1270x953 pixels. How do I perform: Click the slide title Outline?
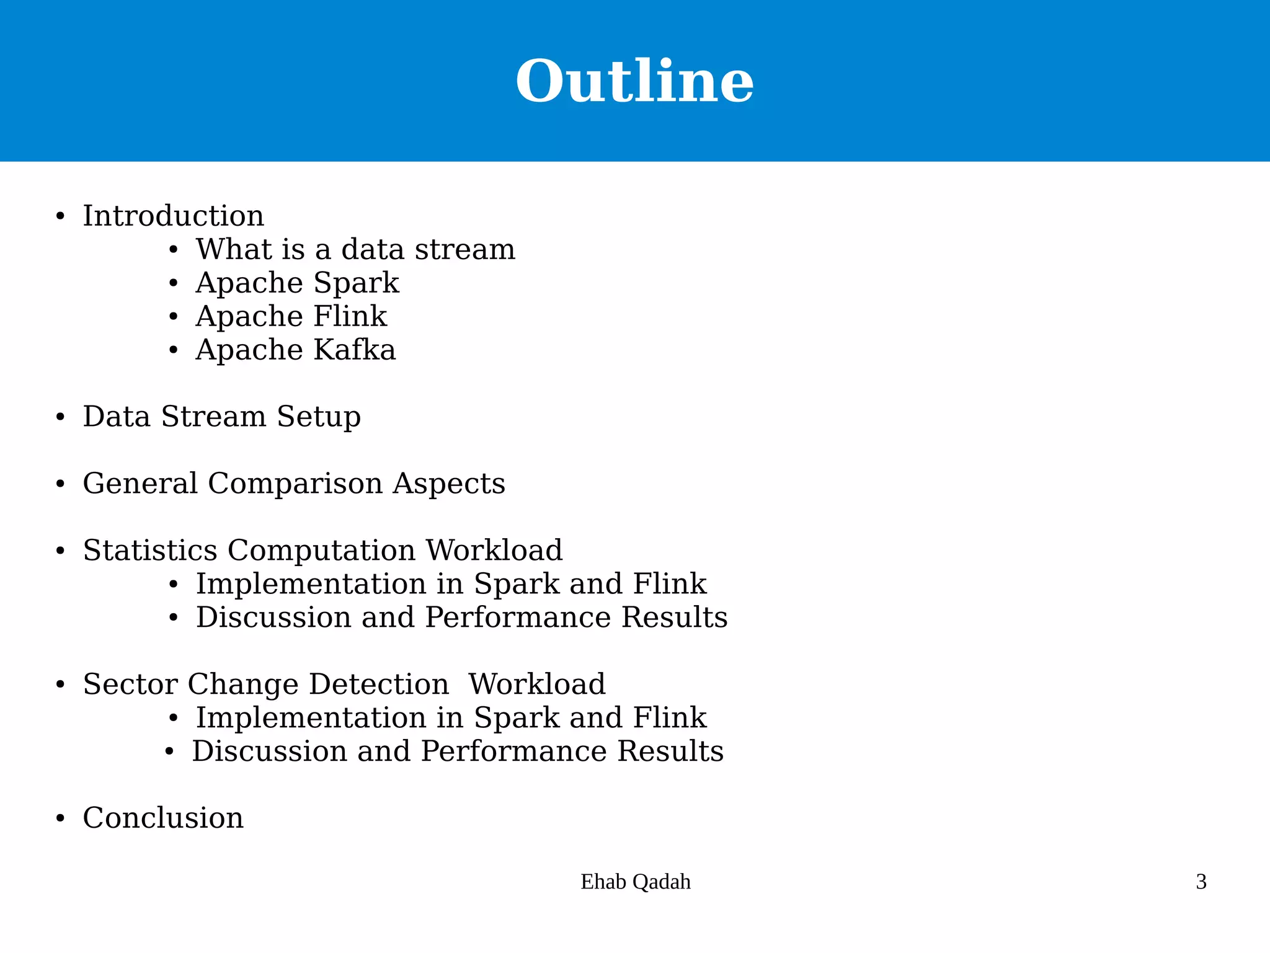tap(634, 81)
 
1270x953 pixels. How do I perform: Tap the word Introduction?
tap(174, 216)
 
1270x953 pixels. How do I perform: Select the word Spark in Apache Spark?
tap(357, 283)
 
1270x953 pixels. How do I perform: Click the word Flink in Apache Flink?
tap(350, 317)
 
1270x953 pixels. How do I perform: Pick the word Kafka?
tap(355, 350)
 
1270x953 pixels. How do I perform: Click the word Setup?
tap(319, 417)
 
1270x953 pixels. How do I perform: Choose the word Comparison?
tap(295, 484)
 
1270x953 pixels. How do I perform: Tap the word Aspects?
tap(449, 484)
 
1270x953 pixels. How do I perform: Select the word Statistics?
tap(150, 551)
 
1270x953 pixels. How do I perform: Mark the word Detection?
tap(379, 685)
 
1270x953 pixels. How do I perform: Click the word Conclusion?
tap(163, 818)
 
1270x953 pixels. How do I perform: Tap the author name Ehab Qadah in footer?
tap(636, 882)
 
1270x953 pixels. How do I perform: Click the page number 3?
tap(1201, 882)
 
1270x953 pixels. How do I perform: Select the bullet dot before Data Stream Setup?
tap(60, 417)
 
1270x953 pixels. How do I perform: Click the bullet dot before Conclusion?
tap(60, 819)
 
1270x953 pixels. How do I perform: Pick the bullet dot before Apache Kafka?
tap(174, 350)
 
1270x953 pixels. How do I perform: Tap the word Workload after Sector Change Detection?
tap(537, 685)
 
